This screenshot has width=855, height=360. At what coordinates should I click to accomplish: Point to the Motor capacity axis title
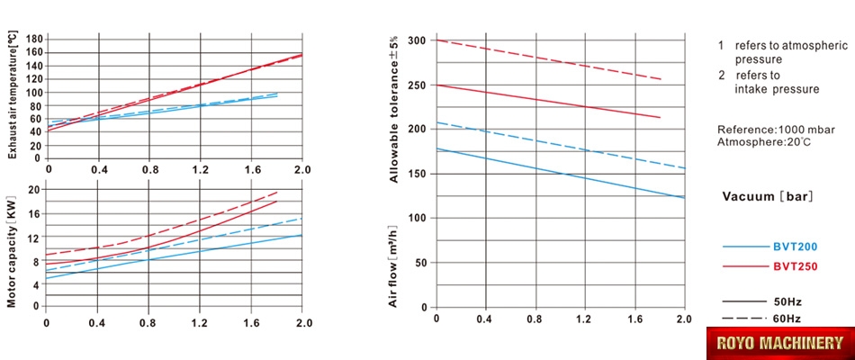pyautogui.click(x=13, y=248)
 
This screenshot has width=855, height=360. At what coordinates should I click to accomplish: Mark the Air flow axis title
pyautogui.click(x=393, y=267)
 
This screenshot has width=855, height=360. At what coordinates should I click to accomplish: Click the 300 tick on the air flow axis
pyautogui.click(x=415, y=41)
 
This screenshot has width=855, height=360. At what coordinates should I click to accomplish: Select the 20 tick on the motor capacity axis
pyautogui.click(x=35, y=190)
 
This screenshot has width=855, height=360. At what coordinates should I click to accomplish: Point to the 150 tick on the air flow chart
pyautogui.click(x=415, y=174)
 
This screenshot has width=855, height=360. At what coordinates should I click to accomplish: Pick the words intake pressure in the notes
pyautogui.click(x=777, y=89)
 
